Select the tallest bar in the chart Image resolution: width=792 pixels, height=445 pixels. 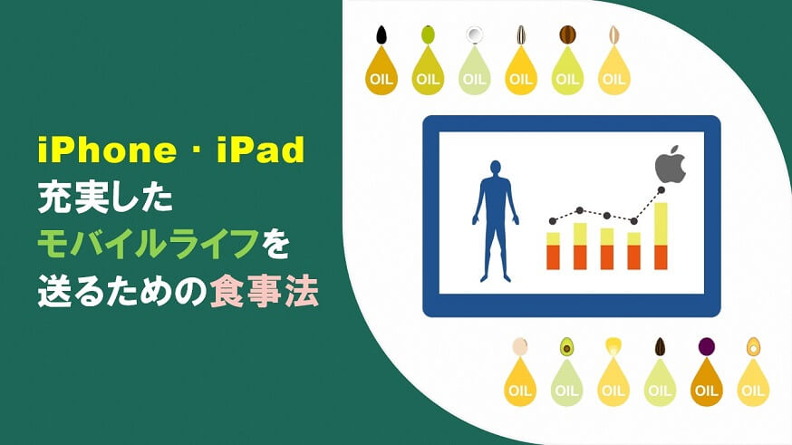(661, 236)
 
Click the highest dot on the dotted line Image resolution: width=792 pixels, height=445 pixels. (662, 190)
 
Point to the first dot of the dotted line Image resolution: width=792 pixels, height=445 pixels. (553, 221)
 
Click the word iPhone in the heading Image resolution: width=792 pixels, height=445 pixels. (107, 150)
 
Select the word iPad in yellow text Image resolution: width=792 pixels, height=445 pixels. (261, 150)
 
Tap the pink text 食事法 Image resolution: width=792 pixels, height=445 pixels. (265, 292)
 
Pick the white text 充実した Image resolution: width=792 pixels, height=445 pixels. (105, 198)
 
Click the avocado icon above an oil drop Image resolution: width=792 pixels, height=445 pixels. (566, 346)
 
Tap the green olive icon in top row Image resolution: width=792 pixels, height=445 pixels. (429, 34)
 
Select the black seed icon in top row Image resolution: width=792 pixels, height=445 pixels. (382, 34)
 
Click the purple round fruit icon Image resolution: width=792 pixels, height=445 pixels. (706, 346)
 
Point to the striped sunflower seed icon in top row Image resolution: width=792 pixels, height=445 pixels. (521, 34)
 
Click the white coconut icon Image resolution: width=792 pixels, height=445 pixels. (474, 34)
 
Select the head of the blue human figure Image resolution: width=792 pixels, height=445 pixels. (496, 169)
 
